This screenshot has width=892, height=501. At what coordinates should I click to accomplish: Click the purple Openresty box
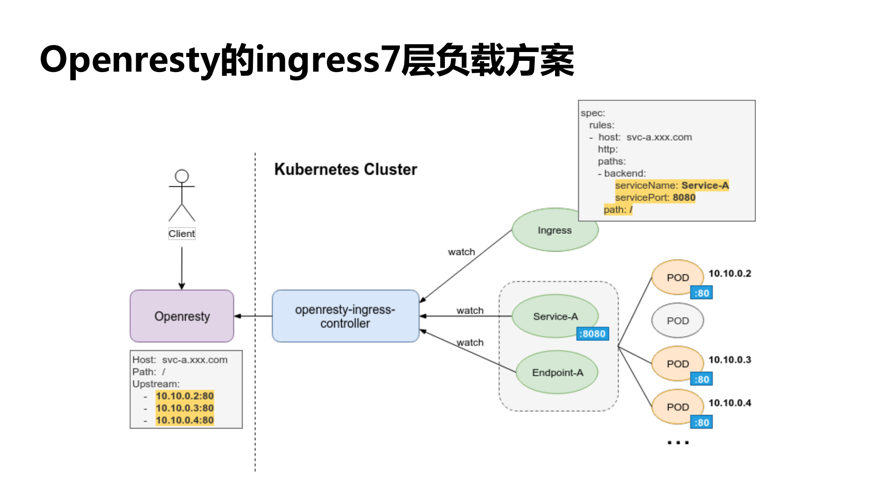(182, 316)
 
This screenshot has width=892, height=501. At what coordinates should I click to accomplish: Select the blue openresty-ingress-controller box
(345, 316)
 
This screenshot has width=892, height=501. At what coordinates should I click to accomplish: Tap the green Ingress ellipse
(555, 230)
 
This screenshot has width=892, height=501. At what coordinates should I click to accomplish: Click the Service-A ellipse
(555, 316)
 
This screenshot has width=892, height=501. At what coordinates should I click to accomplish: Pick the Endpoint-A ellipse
(557, 372)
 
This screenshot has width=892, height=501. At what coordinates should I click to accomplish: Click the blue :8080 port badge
(592, 334)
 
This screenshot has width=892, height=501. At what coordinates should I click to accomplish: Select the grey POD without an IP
(677, 321)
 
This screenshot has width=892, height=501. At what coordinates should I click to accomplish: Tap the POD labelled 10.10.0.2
(677, 278)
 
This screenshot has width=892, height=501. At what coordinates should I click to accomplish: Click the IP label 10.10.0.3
(729, 360)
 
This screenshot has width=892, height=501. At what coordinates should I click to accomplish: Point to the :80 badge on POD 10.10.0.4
(701, 423)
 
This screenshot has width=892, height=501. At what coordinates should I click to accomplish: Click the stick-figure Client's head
(182, 176)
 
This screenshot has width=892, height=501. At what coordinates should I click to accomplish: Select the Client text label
(182, 234)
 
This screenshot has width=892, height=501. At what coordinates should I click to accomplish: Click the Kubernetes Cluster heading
(345, 169)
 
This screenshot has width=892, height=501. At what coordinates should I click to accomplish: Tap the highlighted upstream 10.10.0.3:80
(185, 408)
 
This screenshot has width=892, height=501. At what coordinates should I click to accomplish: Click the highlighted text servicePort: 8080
(655, 197)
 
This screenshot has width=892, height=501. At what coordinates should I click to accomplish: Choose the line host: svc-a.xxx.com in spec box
(645, 137)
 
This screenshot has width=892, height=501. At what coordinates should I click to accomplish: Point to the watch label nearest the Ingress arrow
(461, 252)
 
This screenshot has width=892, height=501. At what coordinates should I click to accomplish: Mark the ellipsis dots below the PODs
(678, 442)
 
